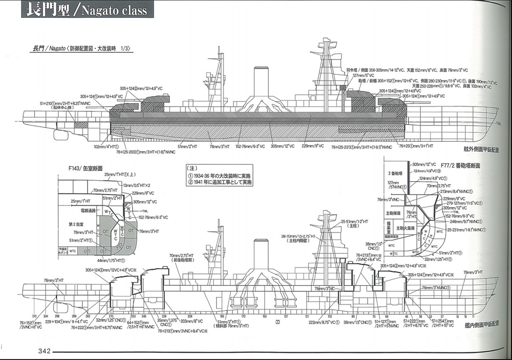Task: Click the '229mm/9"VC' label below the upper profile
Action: (313, 146)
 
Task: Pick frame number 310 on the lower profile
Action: (34, 316)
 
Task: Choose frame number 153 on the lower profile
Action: (264, 316)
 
